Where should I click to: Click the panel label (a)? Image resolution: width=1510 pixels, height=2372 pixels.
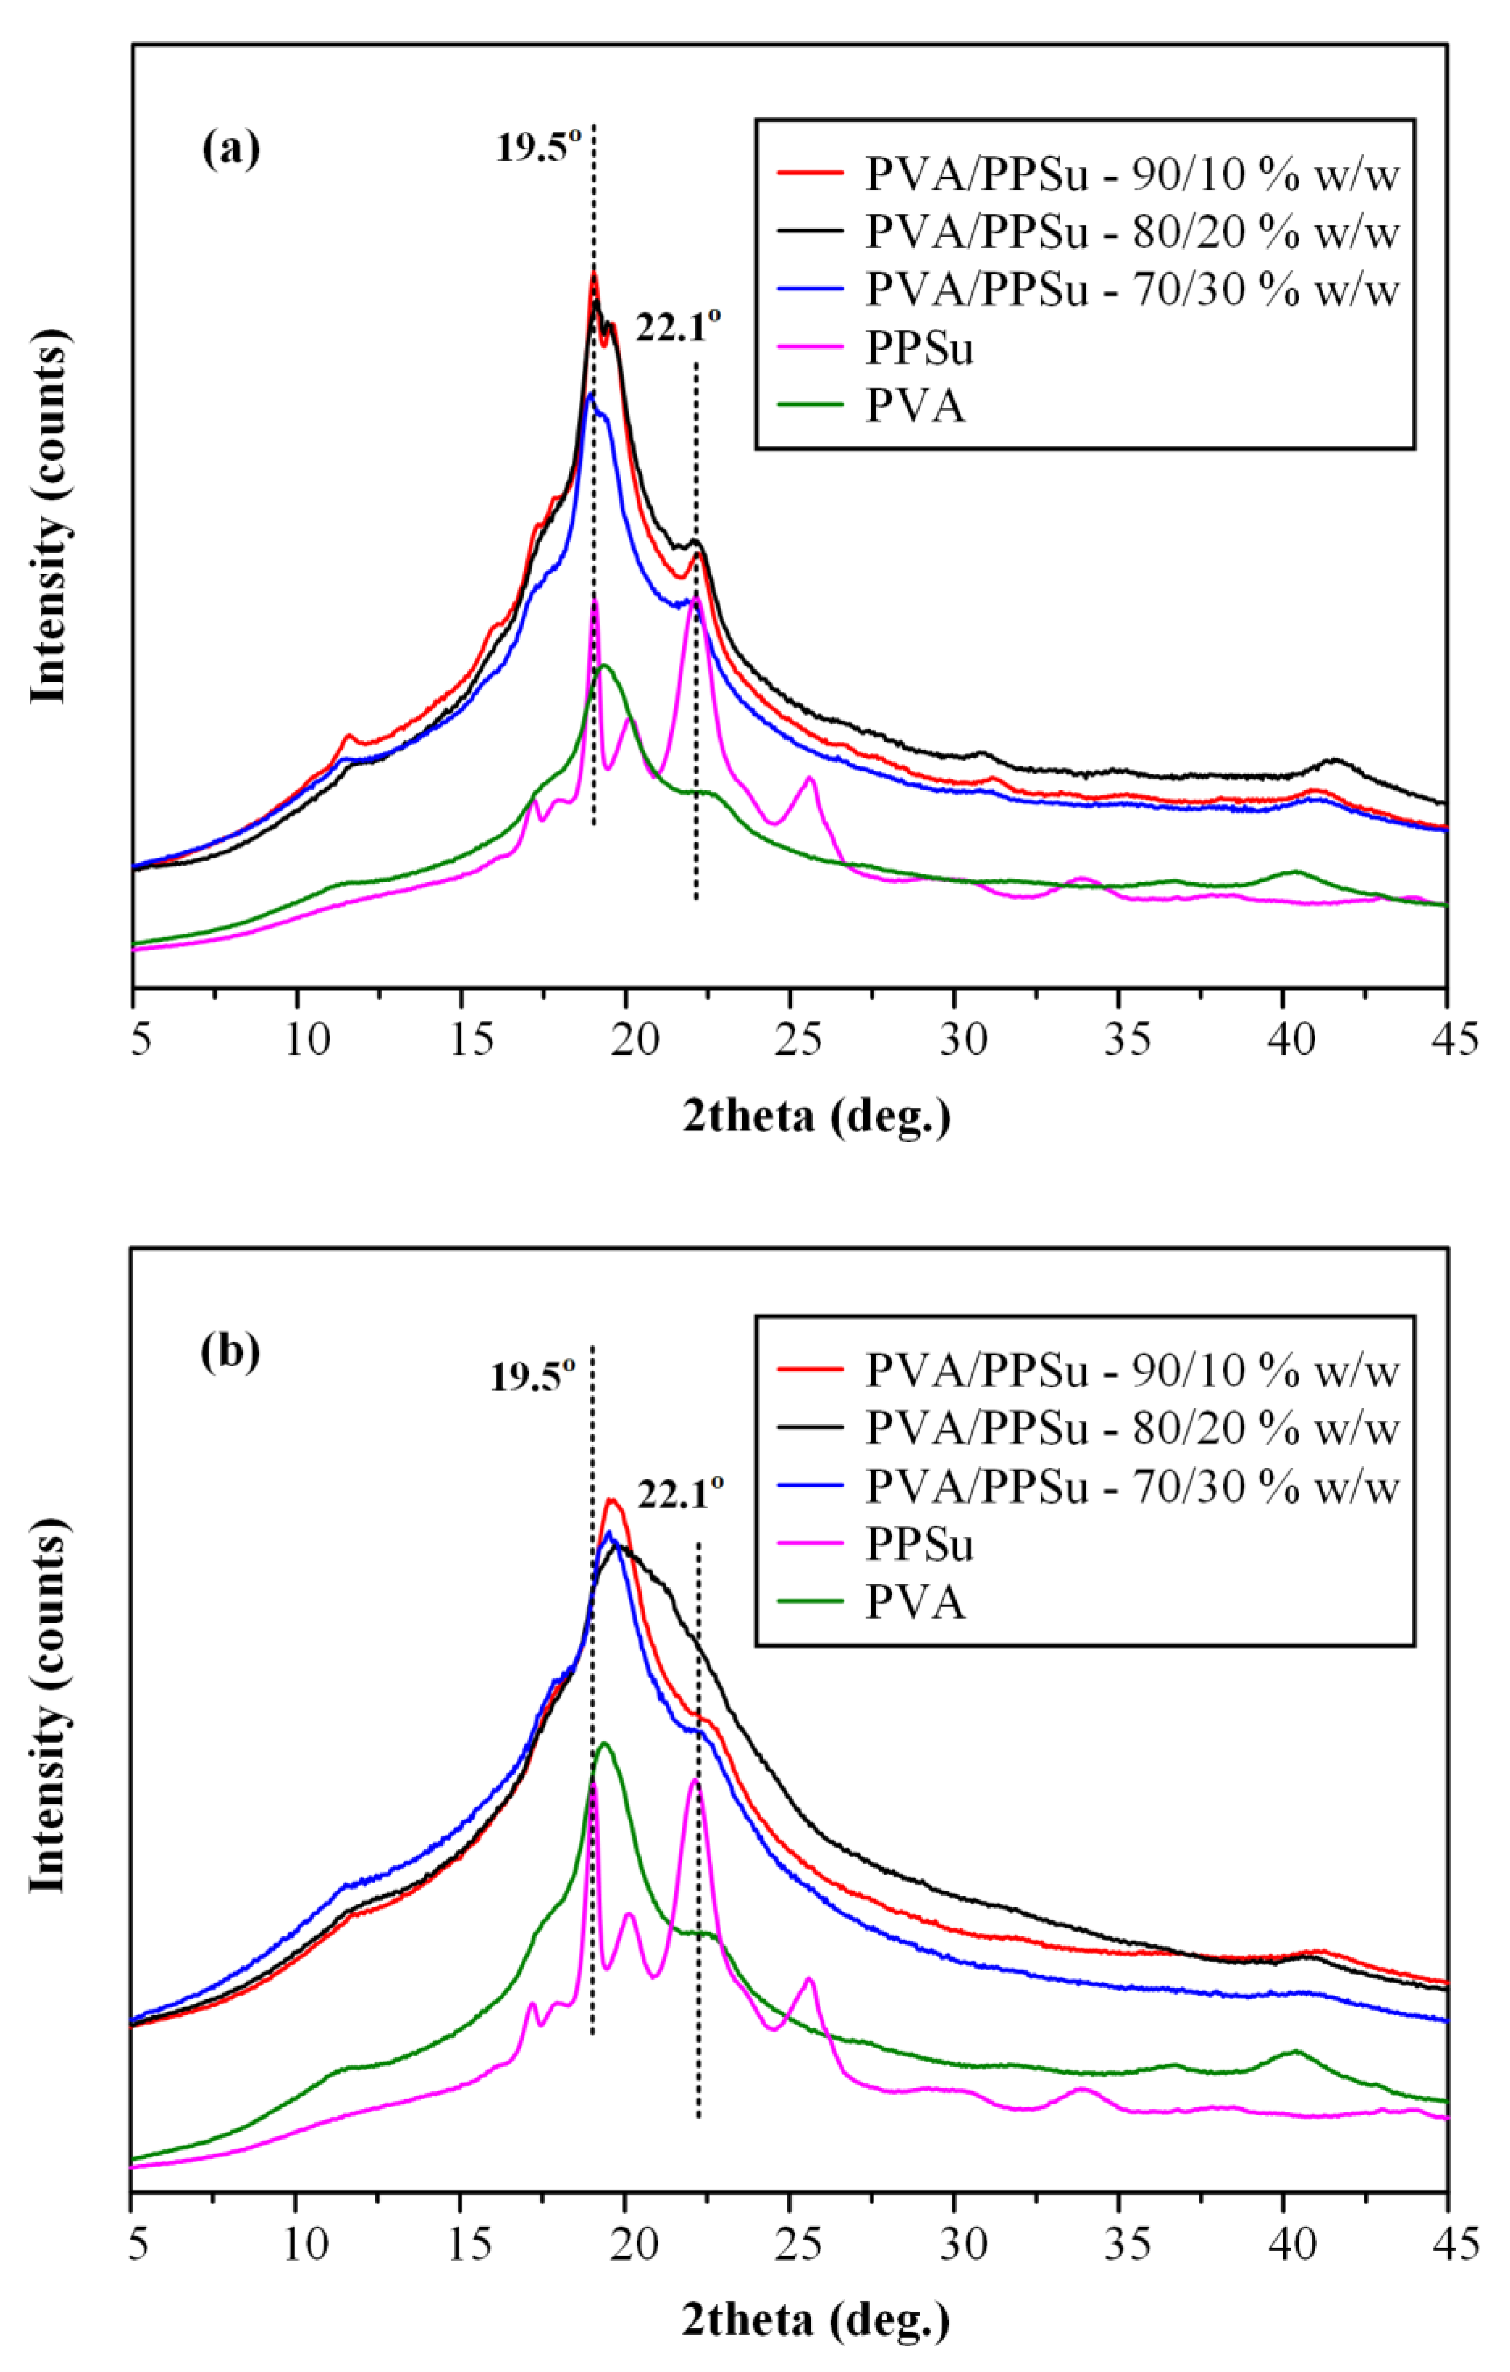[x=231, y=151]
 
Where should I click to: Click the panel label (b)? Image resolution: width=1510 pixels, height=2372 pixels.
[x=231, y=1351]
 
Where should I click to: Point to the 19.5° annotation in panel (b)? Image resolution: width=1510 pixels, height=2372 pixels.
[x=532, y=1377]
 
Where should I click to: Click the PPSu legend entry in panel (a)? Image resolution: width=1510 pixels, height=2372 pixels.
[x=919, y=348]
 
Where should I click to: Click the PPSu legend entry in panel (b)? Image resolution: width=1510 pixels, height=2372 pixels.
[x=919, y=1544]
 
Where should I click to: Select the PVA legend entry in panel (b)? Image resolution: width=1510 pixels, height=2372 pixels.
[x=915, y=1602]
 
